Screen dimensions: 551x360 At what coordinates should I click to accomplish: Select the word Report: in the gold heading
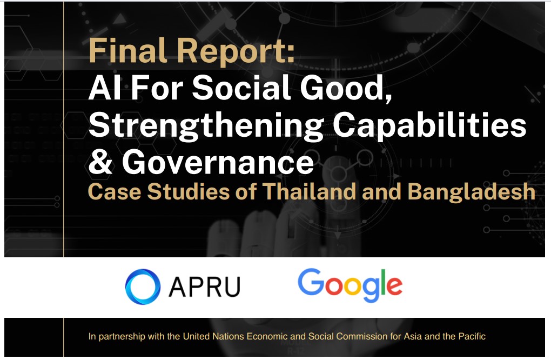click(x=236, y=52)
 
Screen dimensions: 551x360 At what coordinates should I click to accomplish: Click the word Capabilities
click(x=429, y=126)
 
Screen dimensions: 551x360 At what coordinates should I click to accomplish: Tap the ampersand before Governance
click(x=100, y=161)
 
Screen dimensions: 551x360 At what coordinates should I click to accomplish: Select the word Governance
click(x=218, y=161)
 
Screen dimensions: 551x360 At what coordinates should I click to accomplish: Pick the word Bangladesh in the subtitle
click(x=471, y=192)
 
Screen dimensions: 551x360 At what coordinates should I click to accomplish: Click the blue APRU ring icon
click(x=143, y=286)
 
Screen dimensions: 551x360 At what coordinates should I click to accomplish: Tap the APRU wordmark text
click(x=205, y=286)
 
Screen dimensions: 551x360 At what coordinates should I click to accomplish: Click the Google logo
click(x=350, y=285)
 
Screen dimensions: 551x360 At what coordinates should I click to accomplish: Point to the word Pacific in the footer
click(x=472, y=336)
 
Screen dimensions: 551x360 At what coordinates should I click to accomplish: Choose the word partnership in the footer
click(x=122, y=337)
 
